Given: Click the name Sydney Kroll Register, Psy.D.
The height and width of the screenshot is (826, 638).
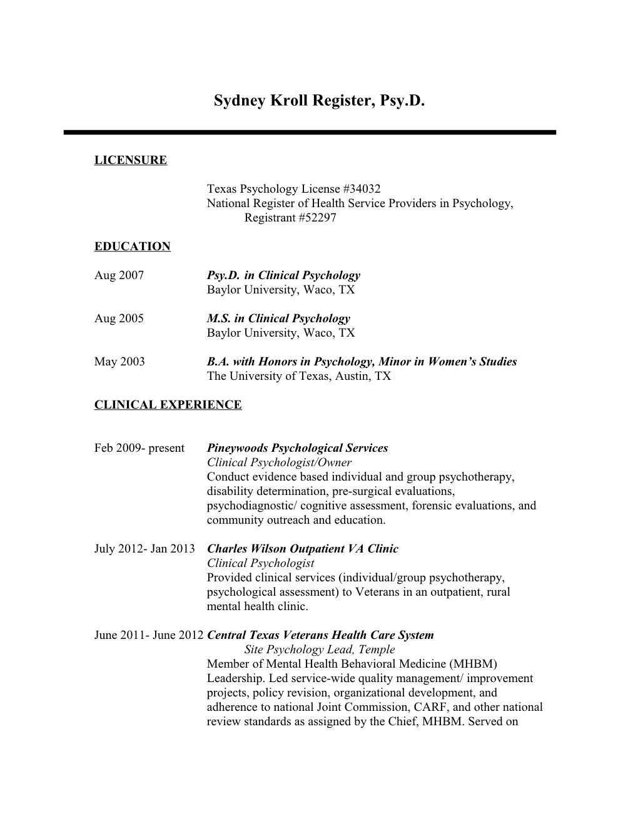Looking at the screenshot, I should point(319,101).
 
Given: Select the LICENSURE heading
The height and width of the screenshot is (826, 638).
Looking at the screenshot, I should point(131,160).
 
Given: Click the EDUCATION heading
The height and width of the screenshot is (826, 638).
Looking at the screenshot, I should point(132,247).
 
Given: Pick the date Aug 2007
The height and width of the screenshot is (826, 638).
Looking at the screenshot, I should point(119,275).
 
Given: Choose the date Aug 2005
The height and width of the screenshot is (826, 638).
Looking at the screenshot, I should point(119,319).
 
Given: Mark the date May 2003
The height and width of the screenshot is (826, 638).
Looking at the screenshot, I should point(119,362).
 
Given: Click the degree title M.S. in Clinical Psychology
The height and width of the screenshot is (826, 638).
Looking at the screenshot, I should point(278,319).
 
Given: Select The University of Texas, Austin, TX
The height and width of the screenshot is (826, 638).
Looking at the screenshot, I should point(298,376).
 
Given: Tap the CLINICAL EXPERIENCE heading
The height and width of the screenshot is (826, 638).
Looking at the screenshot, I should point(168,405).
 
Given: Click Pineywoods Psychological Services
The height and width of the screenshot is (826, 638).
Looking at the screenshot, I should point(297,448).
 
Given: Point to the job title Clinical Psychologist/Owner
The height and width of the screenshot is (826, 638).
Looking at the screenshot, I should point(279,462).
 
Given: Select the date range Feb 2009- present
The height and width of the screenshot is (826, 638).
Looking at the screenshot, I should point(139,448).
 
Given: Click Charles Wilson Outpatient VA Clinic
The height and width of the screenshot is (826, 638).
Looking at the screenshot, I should point(302,549).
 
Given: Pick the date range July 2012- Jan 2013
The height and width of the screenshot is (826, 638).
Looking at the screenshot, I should point(144,549).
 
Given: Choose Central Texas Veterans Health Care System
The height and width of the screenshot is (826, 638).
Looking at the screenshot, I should point(320,635).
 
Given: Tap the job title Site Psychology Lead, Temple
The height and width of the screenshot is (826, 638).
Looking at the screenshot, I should point(320,650).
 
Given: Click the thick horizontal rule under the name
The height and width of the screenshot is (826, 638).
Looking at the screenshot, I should point(310,133).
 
